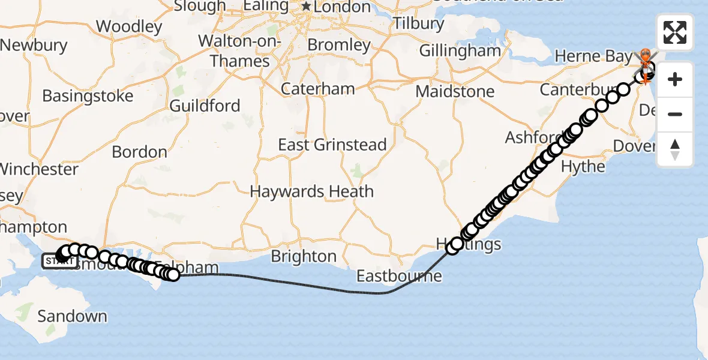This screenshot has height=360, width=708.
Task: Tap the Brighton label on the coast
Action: [304, 256]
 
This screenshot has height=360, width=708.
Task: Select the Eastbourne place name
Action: [399, 276]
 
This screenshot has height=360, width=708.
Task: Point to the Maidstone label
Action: [455, 92]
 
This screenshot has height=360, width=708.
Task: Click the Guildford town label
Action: [205, 106]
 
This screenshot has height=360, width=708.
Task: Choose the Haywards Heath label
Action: [311, 192]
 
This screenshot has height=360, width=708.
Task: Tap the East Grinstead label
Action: [332, 145]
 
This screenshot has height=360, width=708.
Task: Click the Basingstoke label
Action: [88, 96]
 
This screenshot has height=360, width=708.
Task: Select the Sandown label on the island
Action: [72, 316]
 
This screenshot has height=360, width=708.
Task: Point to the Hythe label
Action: [583, 166]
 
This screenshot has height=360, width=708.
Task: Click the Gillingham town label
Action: [460, 50]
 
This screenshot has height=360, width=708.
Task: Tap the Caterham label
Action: [318, 89]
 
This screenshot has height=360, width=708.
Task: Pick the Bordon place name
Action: [139, 152]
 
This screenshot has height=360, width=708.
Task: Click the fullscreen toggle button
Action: [675, 32]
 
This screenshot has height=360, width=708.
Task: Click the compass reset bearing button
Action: [675, 149]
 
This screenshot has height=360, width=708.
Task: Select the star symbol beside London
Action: [307, 7]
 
